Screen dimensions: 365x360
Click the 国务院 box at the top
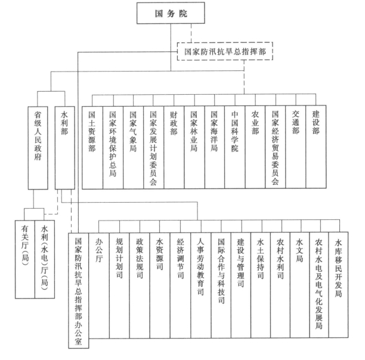pyautogui.click(x=171, y=13)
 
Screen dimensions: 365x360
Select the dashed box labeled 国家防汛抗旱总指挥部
pyautogui.click(x=225, y=51)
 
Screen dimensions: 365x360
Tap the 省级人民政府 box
pyautogui.click(x=38, y=148)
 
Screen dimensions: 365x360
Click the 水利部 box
pyautogui.click(x=65, y=148)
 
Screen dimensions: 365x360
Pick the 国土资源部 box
pyautogui.click(x=92, y=147)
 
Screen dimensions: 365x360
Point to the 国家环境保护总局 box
pyautogui.click(x=113, y=147)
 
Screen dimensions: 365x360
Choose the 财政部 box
pyautogui.click(x=174, y=147)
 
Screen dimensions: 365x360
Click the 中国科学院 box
pyautogui.click(x=235, y=147)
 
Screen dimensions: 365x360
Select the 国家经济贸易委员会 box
pyautogui.click(x=276, y=147)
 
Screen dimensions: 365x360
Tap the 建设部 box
pyautogui.click(x=316, y=147)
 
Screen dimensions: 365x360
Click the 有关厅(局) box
pyautogui.click(x=25, y=259)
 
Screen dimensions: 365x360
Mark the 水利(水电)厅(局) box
pyautogui.click(x=45, y=259)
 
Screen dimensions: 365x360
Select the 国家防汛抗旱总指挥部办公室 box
pyautogui.click(x=79, y=290)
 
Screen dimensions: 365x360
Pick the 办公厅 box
pyautogui.click(x=99, y=285)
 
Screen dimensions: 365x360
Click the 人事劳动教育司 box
pyautogui.click(x=200, y=285)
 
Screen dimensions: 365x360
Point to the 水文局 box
pyautogui.click(x=299, y=285)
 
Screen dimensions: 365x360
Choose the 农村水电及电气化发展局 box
pyautogui.click(x=319, y=285)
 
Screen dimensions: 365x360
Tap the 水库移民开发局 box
pyautogui.click(x=339, y=285)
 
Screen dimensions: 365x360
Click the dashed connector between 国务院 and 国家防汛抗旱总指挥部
pyautogui.click(x=191, y=33)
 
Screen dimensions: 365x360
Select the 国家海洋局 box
pyautogui.click(x=215, y=147)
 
